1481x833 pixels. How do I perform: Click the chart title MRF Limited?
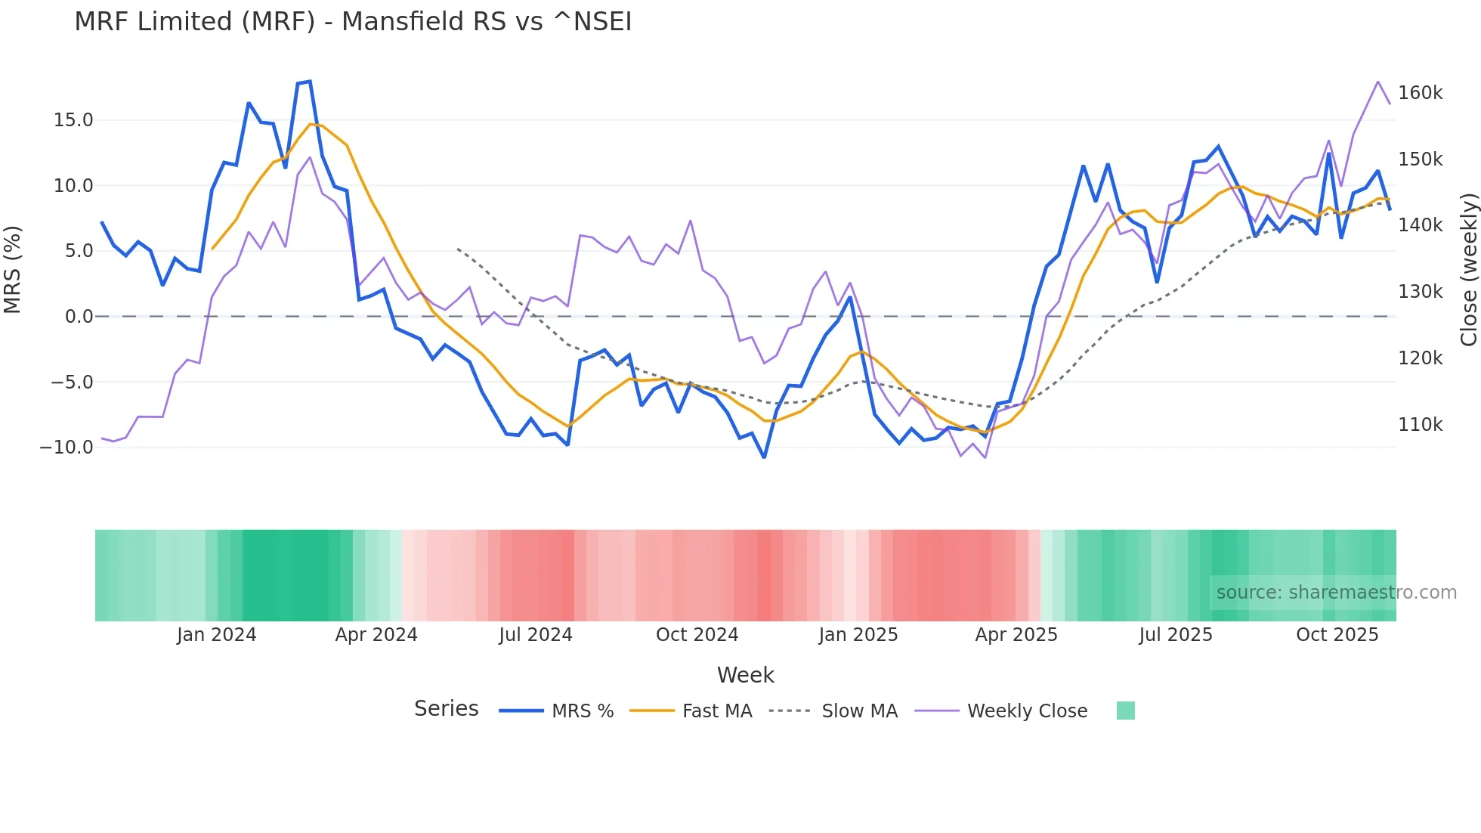pos(352,22)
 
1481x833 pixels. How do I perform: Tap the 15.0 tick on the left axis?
pos(73,120)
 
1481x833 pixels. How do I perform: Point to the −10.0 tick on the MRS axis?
pos(66,447)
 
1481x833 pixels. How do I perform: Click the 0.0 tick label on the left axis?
pos(79,317)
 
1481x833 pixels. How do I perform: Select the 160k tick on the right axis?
pos(1420,93)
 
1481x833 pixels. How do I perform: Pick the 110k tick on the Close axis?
pos(1420,425)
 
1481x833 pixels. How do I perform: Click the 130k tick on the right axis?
pos(1420,292)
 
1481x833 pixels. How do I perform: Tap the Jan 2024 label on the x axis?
pos(217,635)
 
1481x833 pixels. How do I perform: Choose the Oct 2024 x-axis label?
pos(697,635)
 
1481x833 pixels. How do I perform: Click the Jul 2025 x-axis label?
pos(1176,635)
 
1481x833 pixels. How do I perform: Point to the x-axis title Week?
pos(745,675)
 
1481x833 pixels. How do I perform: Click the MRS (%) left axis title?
pos(13,270)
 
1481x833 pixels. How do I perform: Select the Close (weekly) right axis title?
pos(1468,270)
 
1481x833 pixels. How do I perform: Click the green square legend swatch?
pos(1125,711)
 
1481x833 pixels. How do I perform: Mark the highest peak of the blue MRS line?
pos(310,82)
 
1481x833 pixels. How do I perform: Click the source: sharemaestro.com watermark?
pos(1336,593)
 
